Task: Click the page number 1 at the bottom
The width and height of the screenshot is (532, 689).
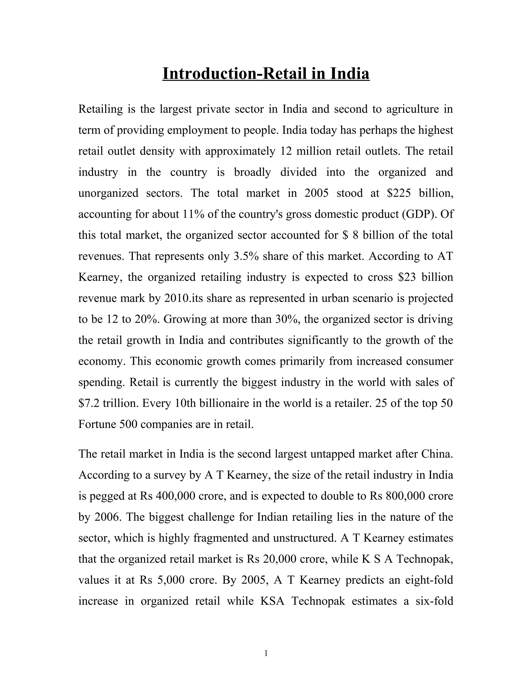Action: (x=266, y=653)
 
